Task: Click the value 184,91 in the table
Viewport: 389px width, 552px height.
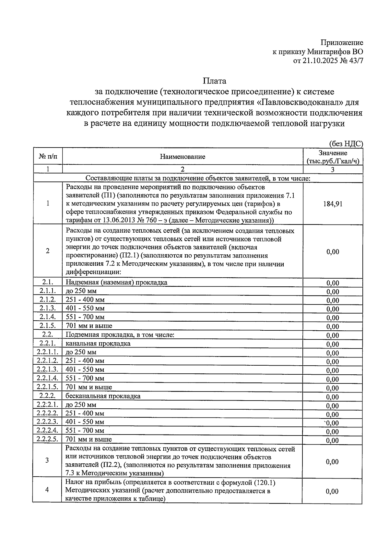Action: [x=333, y=204]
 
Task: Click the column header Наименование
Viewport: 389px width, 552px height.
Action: [x=183, y=157]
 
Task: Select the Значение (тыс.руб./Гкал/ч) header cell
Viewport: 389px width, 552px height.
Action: [x=333, y=157]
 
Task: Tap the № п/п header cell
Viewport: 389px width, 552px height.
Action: [x=48, y=157]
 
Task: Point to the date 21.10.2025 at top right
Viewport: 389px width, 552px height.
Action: [x=320, y=61]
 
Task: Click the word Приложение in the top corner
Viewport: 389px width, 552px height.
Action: [x=342, y=43]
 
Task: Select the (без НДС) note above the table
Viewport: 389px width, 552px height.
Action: [x=346, y=144]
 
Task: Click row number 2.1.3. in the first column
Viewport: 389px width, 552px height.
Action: [x=48, y=308]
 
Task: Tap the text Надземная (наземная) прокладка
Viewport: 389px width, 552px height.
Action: [x=116, y=282]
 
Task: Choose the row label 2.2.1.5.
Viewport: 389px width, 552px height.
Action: [x=47, y=387]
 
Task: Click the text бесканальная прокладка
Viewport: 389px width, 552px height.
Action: [x=103, y=396]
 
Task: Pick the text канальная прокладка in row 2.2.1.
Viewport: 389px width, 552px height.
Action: [x=98, y=343]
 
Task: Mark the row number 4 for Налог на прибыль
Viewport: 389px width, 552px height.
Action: [x=47, y=490]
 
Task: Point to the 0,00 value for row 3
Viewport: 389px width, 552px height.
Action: [x=332, y=462]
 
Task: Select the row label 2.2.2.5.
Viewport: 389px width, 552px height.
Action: [x=47, y=439]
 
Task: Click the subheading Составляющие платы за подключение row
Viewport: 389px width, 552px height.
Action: [x=198, y=178]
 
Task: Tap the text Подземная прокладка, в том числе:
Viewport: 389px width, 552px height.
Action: [x=120, y=335]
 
